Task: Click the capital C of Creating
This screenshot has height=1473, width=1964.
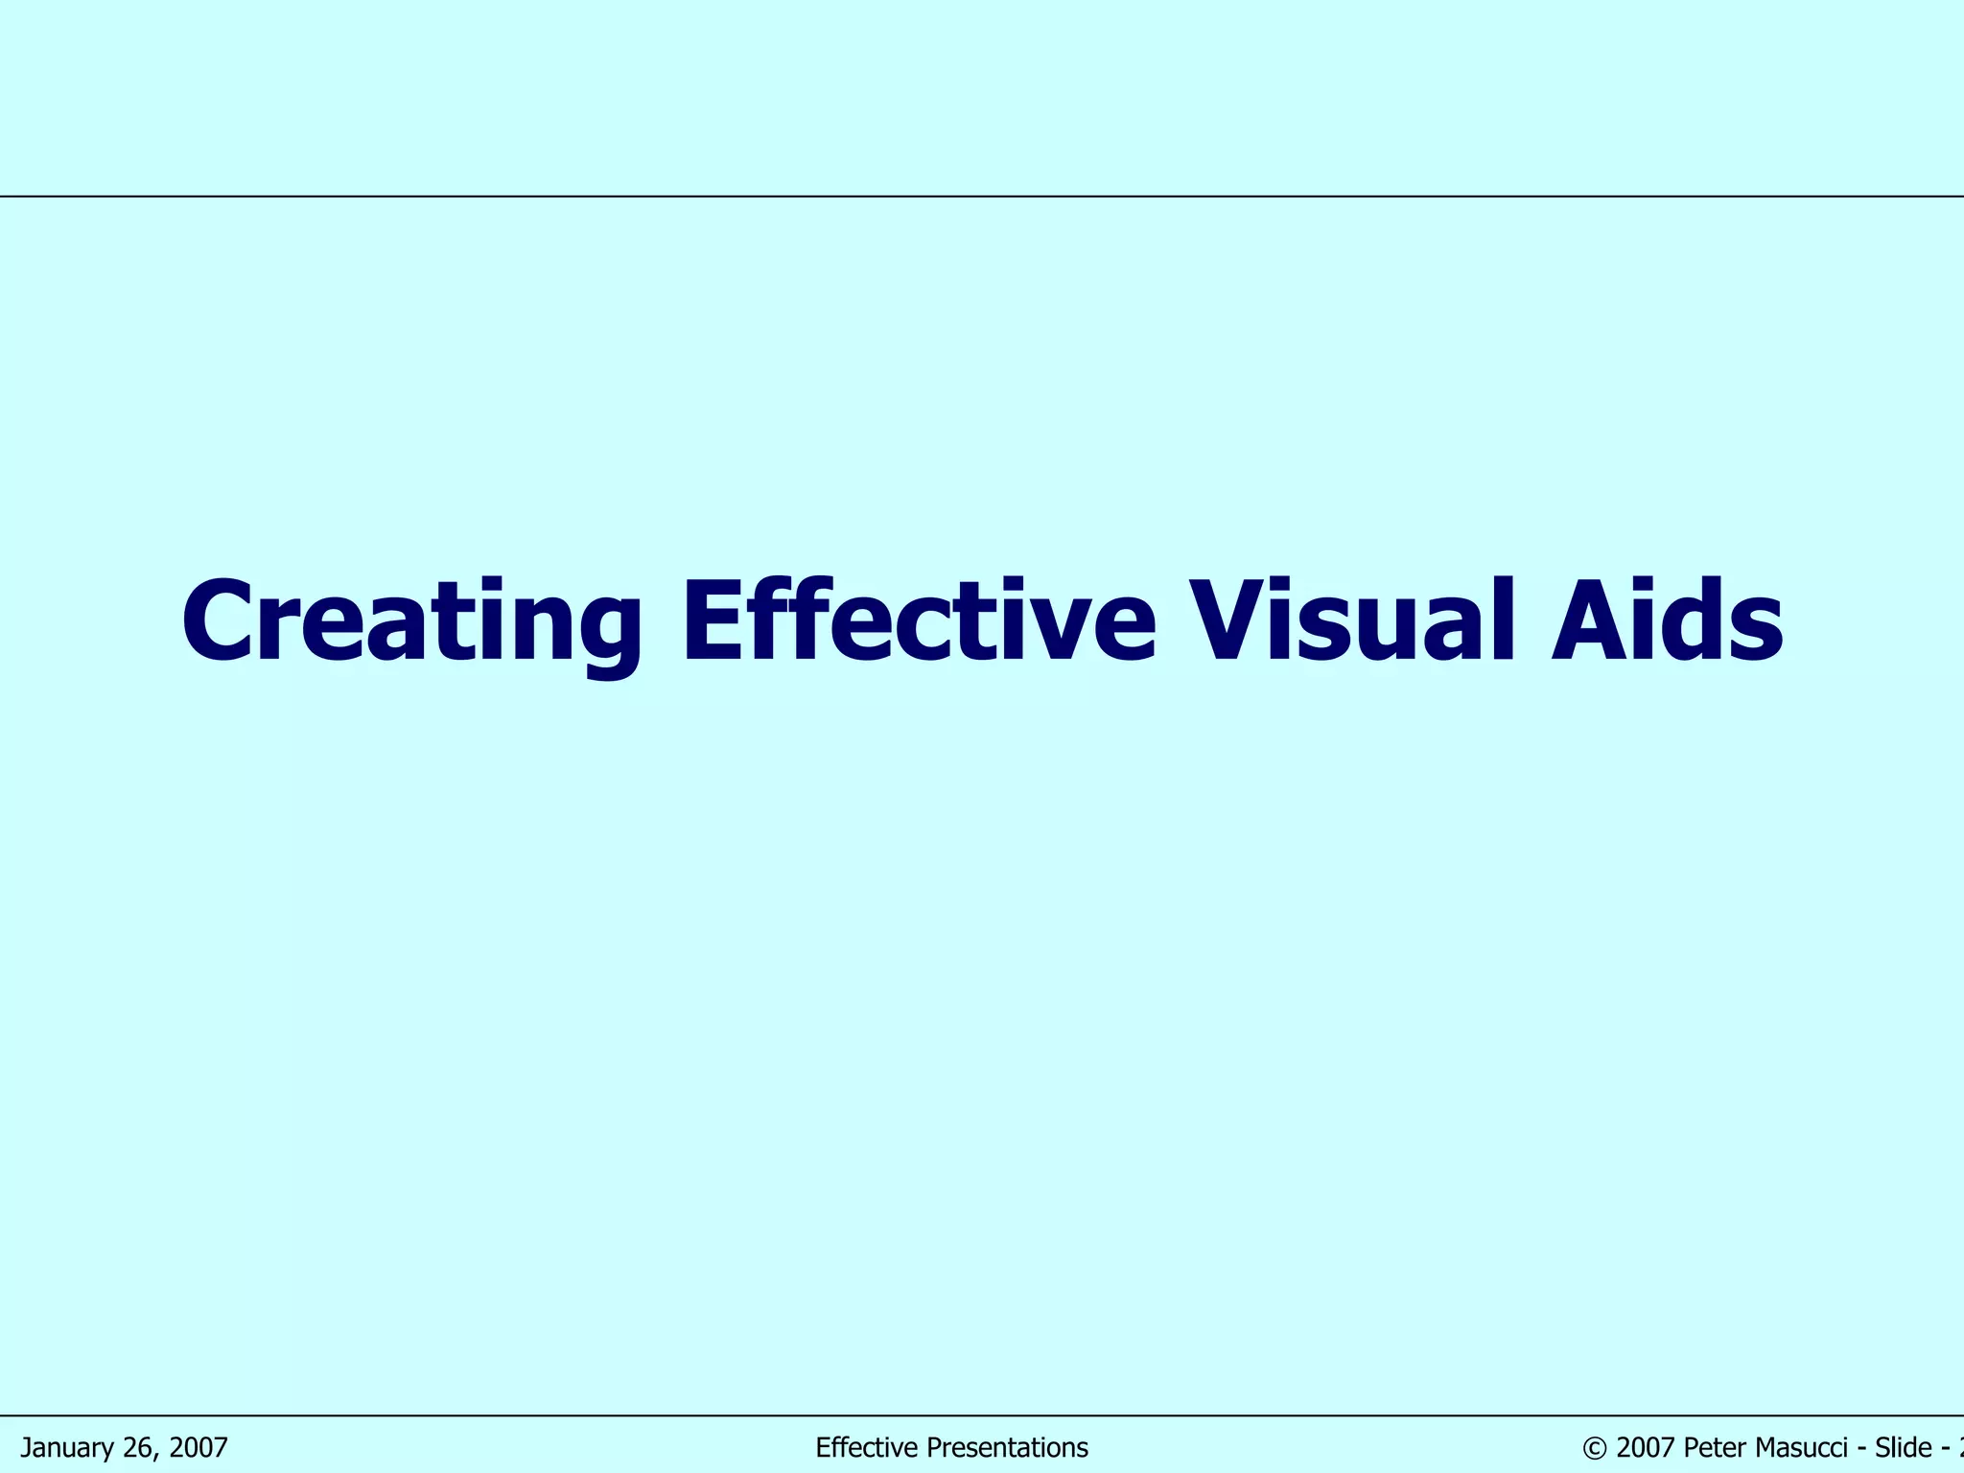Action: (x=220, y=621)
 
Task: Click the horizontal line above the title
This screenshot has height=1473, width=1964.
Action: (x=982, y=197)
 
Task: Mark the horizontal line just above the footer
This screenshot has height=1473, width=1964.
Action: (x=982, y=1415)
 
